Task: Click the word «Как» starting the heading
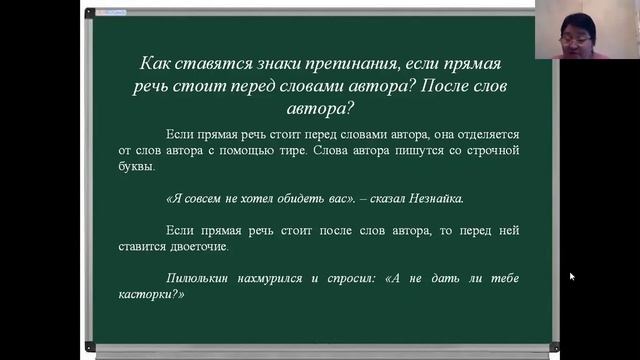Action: [x=156, y=63]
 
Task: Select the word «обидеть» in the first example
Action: [x=292, y=198]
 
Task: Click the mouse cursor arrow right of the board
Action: [x=572, y=276]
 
